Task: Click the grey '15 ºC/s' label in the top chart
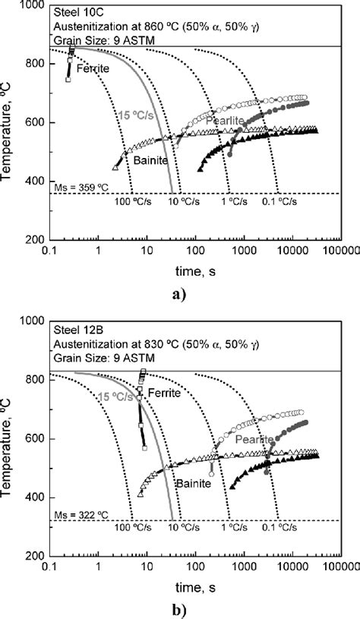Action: [x=135, y=115]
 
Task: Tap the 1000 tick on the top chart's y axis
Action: [x=34, y=6]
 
